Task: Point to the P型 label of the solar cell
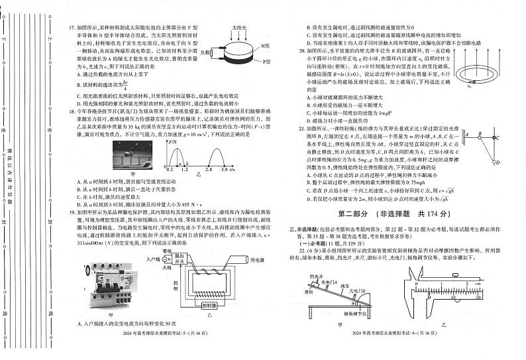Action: coord(266,62)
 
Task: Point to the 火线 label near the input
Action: coord(154,268)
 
